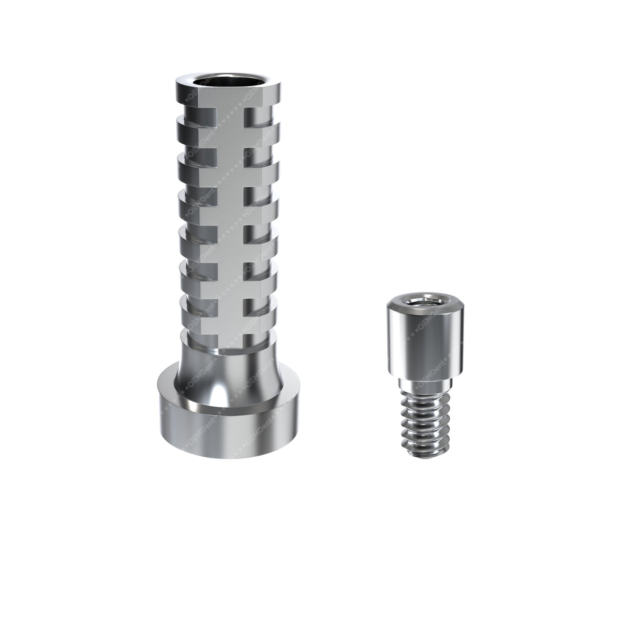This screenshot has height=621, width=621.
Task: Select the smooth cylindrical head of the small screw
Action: [x=411, y=343]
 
